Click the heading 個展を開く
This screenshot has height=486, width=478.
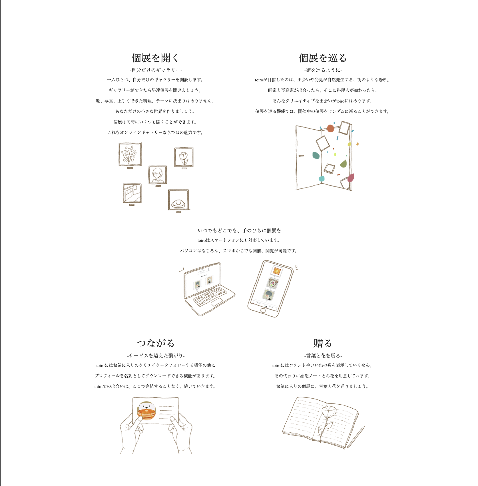pyautogui.click(x=155, y=58)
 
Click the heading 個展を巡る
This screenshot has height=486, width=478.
pyautogui.click(x=323, y=58)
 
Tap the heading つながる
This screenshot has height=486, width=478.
pyautogui.click(x=155, y=343)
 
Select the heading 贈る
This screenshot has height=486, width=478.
pyautogui.click(x=323, y=343)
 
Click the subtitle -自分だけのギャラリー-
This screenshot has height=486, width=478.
pyautogui.click(x=156, y=70)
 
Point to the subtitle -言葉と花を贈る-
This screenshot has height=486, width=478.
pyautogui.click(x=323, y=356)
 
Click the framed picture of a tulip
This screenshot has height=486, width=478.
pyautogui.click(x=184, y=157)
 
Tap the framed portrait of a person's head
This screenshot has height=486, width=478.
pyautogui.click(x=158, y=175)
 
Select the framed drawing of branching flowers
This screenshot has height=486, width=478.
pyautogui.click(x=130, y=154)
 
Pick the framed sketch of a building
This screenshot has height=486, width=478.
pyautogui.click(x=132, y=193)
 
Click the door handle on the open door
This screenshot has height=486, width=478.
pyautogui.click(x=301, y=156)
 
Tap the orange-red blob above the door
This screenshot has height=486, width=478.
pyautogui.click(x=330, y=128)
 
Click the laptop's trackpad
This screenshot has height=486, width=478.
pyautogui.click(x=217, y=302)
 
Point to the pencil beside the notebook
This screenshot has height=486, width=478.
pyautogui.click(x=356, y=437)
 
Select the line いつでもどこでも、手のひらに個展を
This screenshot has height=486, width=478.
pyautogui.click(x=239, y=230)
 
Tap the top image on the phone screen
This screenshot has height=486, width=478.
pyautogui.click(x=276, y=270)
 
